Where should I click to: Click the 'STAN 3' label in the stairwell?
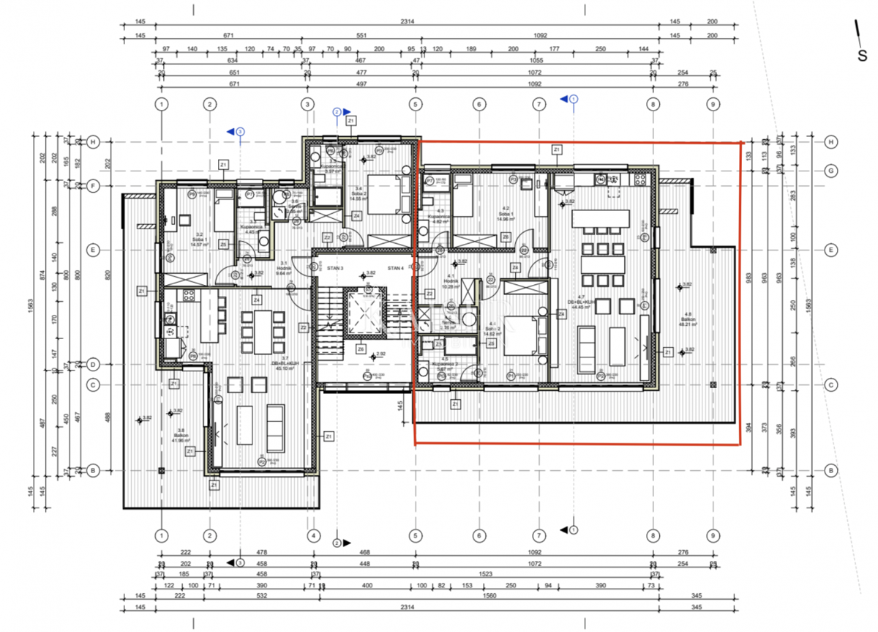coord(336,268)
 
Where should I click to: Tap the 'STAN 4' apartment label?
coord(396,268)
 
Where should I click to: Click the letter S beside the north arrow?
coord(862,56)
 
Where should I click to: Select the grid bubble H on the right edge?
coord(831,141)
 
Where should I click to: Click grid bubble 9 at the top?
coord(712,105)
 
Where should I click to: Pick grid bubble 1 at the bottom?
coord(162,536)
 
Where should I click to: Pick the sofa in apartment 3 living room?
coord(275,427)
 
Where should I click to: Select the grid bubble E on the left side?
coord(93,250)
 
